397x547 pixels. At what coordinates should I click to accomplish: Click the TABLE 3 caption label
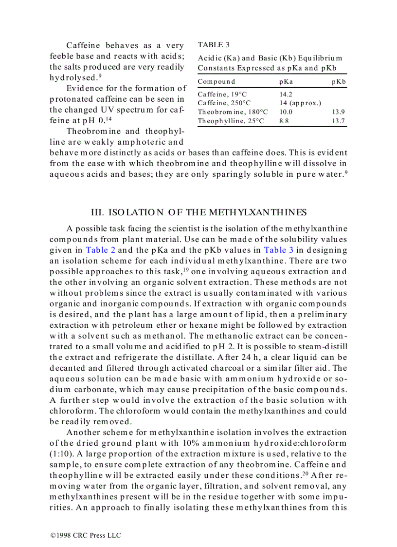(x=214, y=45)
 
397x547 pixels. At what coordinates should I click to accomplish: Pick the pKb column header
(x=339, y=82)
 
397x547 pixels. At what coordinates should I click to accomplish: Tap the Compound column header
(x=217, y=82)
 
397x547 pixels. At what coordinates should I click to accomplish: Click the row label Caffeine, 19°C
(x=222, y=94)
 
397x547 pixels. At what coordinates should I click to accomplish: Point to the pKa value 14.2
(x=286, y=94)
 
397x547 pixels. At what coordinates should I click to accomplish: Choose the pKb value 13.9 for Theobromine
(x=339, y=112)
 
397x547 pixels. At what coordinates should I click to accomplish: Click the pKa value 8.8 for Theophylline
(x=284, y=121)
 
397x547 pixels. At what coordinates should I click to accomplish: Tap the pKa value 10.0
(x=286, y=112)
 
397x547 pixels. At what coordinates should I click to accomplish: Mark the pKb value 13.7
(x=339, y=121)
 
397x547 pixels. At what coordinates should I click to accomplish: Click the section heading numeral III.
(x=97, y=212)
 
